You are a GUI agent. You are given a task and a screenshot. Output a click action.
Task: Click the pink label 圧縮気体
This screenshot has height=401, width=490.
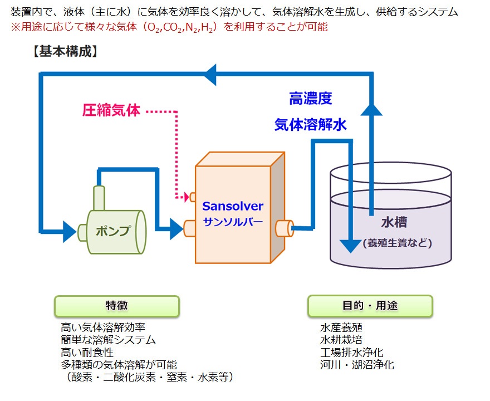click(111, 110)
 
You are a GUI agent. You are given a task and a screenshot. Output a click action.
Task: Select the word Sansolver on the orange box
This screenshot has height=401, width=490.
click(233, 206)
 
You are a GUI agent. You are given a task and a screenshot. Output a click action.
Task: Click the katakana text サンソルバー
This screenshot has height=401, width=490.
click(233, 222)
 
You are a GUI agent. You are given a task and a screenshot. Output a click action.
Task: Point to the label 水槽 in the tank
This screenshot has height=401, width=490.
click(394, 222)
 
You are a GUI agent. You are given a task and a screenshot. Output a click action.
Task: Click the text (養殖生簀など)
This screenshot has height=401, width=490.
click(397, 243)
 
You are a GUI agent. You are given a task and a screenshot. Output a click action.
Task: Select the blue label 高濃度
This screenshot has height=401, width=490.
click(310, 99)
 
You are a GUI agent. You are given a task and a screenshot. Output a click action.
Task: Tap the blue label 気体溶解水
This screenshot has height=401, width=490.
click(311, 124)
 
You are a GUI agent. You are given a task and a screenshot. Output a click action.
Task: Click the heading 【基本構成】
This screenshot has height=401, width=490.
click(65, 51)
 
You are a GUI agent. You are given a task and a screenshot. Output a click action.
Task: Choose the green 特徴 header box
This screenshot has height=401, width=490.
click(117, 306)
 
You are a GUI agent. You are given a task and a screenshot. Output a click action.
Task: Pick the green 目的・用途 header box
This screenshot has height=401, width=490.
click(370, 306)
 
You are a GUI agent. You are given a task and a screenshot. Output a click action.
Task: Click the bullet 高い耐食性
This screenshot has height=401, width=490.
click(87, 352)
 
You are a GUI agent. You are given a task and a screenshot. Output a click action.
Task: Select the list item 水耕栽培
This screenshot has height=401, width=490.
click(341, 340)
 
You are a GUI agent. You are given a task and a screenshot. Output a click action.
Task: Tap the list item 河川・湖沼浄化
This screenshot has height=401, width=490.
click(357, 365)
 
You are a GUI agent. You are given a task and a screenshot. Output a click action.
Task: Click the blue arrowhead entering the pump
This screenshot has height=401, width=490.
click(70, 232)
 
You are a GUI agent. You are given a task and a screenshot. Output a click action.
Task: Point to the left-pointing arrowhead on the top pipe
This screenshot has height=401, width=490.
click(210, 75)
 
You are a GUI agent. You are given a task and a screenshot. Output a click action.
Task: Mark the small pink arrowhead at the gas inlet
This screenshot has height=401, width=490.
click(187, 197)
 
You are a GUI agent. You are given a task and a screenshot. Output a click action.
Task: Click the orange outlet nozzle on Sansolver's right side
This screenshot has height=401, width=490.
click(285, 228)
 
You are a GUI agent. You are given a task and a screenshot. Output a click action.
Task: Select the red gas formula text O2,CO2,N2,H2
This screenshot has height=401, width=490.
click(181, 28)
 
